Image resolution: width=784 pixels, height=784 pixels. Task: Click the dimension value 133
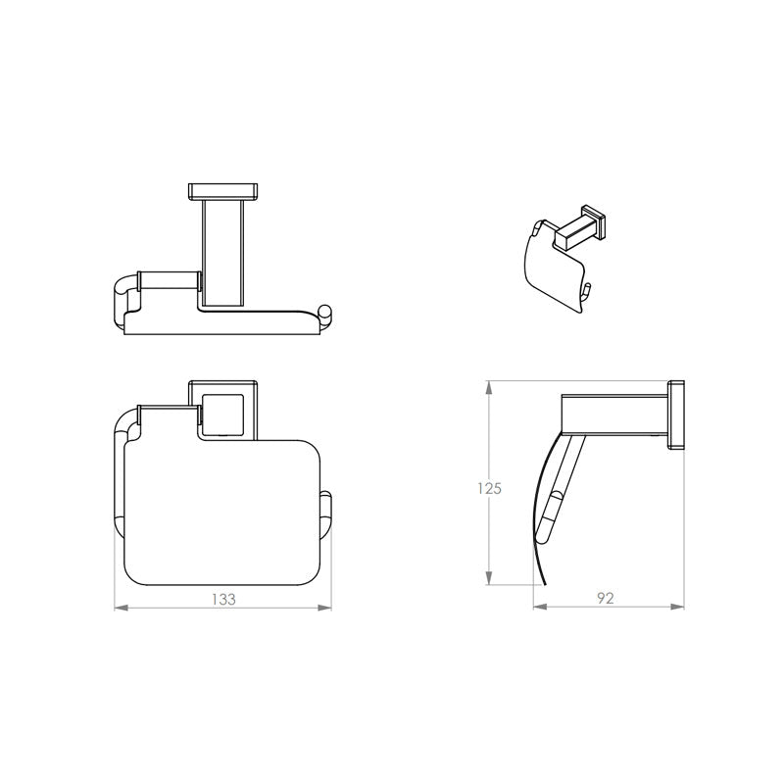click(x=224, y=599)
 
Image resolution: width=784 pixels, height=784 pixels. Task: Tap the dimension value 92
click(x=605, y=599)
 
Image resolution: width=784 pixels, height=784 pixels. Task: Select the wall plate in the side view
click(x=675, y=415)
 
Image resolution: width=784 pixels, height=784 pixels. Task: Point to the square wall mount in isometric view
click(x=592, y=222)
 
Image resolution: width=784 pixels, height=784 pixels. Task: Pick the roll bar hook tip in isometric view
click(x=588, y=288)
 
